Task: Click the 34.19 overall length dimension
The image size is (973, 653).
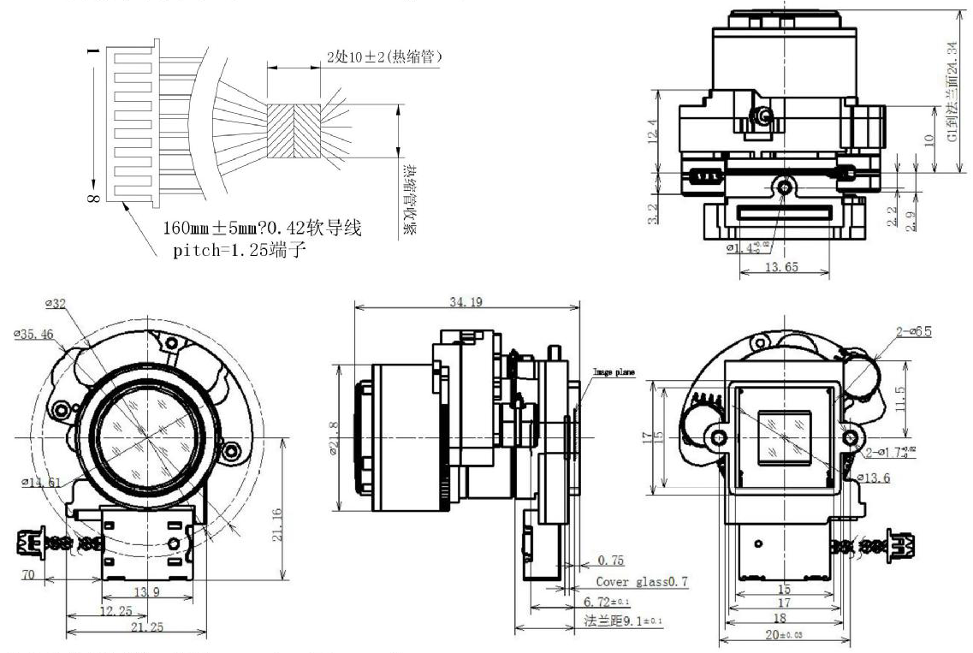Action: pyautogui.click(x=466, y=302)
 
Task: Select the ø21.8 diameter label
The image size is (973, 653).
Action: pyautogui.click(x=346, y=433)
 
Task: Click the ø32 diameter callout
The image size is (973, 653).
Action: pyautogui.click(x=57, y=302)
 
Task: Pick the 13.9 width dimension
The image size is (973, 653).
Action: pyautogui.click(x=147, y=592)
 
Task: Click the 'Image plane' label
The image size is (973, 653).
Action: pyautogui.click(x=612, y=372)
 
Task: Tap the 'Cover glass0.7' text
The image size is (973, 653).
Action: pyautogui.click(x=642, y=582)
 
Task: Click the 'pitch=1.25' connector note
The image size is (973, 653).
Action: pyautogui.click(x=234, y=253)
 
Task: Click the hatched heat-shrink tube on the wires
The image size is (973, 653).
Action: pyautogui.click(x=294, y=131)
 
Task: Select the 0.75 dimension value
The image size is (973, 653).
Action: pyautogui.click(x=610, y=561)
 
